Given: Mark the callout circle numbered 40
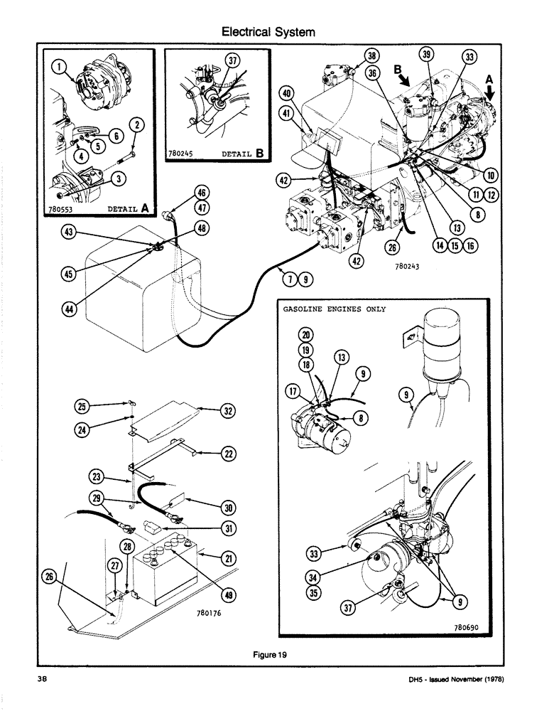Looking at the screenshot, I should (x=286, y=93).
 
